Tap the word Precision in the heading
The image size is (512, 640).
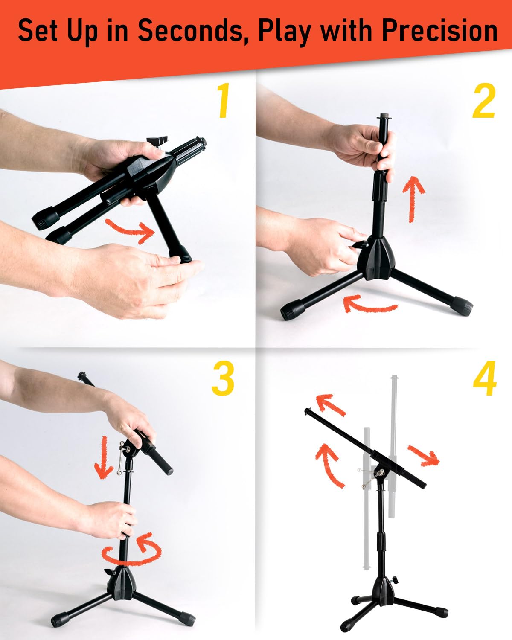439,31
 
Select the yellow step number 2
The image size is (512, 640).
484,101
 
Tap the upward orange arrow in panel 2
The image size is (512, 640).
413,198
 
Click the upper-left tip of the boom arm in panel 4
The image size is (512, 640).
308,410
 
